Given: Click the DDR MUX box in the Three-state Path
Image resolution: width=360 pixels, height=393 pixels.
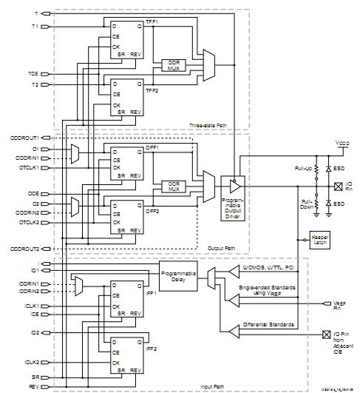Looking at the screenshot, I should (x=173, y=65).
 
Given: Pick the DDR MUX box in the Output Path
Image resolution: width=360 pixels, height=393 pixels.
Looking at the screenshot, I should (x=173, y=185).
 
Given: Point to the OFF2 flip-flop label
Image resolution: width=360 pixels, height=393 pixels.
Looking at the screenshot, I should (x=152, y=210).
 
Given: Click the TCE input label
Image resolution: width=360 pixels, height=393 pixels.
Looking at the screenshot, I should (x=33, y=75).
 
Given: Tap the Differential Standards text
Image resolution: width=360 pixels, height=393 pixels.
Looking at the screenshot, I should (x=267, y=325).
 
